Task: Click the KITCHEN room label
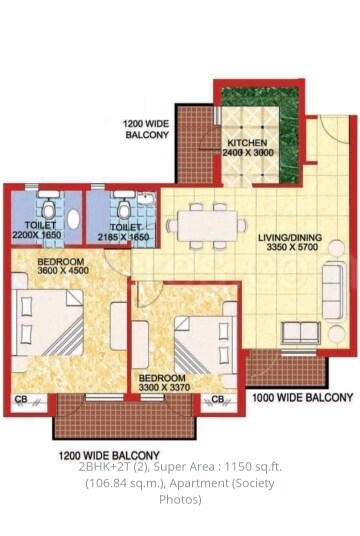(x=247, y=143)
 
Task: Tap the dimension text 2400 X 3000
(x=248, y=152)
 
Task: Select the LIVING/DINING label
(x=290, y=237)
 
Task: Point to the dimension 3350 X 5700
(x=292, y=247)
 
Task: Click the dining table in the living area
(x=208, y=226)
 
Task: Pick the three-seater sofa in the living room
(x=333, y=291)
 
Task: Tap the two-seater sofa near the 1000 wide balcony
(x=301, y=332)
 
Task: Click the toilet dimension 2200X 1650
(x=37, y=235)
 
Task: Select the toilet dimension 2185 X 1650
(x=123, y=237)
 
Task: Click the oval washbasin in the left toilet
(x=74, y=219)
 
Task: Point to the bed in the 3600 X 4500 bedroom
(x=47, y=322)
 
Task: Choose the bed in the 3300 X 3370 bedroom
(x=205, y=345)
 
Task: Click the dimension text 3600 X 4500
(x=63, y=271)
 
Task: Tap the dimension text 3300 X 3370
(x=164, y=387)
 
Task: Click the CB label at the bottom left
(x=21, y=399)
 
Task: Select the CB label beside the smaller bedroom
(x=217, y=399)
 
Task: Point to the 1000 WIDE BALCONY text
(x=303, y=398)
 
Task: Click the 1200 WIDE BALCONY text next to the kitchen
(x=146, y=129)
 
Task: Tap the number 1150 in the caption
(x=235, y=467)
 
